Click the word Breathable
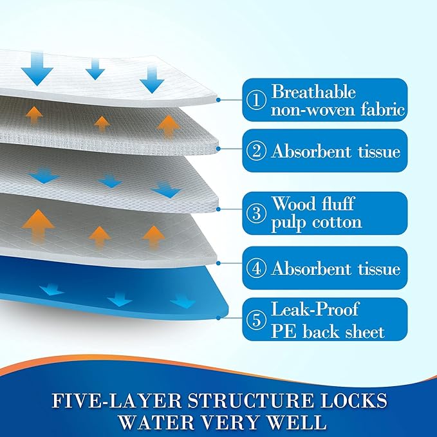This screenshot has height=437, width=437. coord(313,92)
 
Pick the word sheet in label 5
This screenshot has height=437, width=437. coord(362,331)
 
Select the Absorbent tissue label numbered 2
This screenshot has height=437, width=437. coord(325,152)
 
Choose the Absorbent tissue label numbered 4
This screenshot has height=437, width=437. coord(325,269)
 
